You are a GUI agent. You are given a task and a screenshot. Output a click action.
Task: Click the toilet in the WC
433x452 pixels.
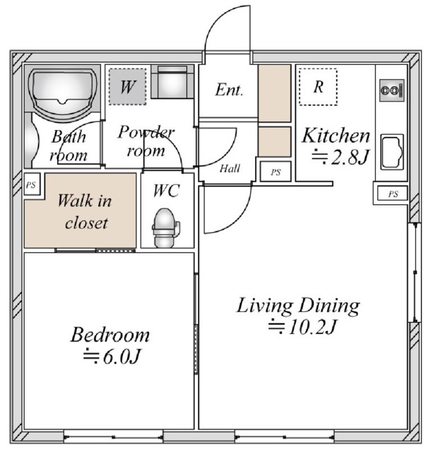(x=165, y=227)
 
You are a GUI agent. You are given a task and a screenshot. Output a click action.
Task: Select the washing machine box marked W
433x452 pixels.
(x=127, y=86)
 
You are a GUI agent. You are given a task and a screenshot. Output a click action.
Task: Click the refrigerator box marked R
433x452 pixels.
(x=318, y=87)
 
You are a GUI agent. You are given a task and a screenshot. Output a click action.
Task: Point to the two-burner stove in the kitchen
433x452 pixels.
(x=392, y=90)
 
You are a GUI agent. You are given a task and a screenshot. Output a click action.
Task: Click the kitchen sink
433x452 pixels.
(x=392, y=152)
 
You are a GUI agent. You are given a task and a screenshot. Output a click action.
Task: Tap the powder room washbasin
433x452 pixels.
(x=172, y=82)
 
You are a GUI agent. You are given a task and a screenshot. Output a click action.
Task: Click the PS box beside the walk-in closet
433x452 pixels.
(x=32, y=184)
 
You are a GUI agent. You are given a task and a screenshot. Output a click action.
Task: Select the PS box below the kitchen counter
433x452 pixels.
(x=392, y=194)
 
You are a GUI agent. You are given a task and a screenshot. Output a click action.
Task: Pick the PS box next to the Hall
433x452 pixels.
(x=275, y=172)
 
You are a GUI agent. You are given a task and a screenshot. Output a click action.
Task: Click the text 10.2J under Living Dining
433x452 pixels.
(x=312, y=327)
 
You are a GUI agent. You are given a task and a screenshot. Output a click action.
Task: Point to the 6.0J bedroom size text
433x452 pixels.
(x=121, y=357)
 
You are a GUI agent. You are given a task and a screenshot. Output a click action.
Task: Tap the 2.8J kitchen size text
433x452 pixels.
(x=350, y=157)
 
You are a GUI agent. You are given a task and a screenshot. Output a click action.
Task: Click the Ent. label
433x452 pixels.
(x=229, y=90)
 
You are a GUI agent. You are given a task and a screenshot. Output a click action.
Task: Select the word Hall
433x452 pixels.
(x=230, y=168)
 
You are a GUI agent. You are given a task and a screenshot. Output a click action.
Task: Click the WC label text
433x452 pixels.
(x=167, y=191)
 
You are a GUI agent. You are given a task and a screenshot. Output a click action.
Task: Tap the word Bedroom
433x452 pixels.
(x=110, y=335)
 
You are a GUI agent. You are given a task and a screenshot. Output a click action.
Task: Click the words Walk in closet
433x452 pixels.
(x=85, y=212)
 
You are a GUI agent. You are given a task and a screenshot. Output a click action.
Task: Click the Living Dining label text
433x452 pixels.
(x=298, y=306)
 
